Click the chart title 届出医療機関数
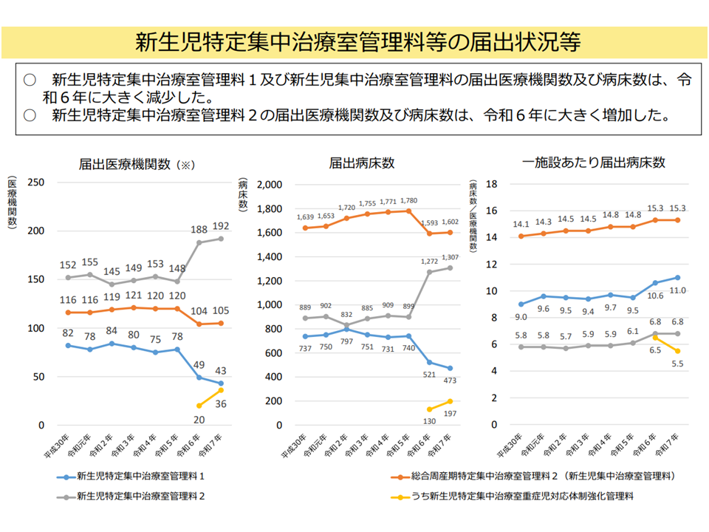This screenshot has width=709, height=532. point(126,163)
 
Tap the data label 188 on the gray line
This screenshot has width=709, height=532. point(199,230)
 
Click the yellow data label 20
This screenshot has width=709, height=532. point(199,419)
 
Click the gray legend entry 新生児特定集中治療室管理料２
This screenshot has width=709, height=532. point(140,497)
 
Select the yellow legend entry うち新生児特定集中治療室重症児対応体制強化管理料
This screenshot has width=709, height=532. point(517,497)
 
